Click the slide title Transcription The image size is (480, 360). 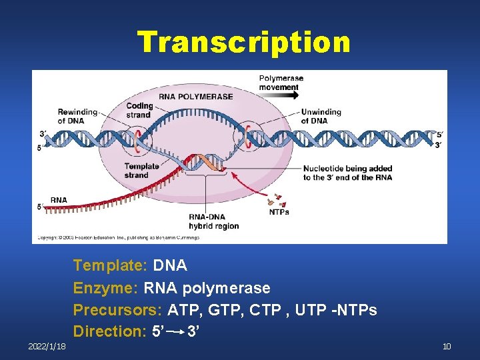(243, 42)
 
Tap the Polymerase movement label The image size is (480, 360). (281, 83)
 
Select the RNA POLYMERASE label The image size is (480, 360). (196, 97)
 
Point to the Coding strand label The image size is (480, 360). (139, 110)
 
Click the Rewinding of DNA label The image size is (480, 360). (77, 116)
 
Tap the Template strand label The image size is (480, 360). (141, 171)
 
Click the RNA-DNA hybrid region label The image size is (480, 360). (213, 222)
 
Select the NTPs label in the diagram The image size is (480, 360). (279, 212)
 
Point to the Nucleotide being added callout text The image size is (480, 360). (347, 173)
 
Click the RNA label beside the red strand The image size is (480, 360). (59, 200)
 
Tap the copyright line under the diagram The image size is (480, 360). (118, 237)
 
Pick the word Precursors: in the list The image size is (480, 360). (118, 310)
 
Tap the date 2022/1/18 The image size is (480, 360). (47, 347)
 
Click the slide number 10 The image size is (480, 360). (446, 347)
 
